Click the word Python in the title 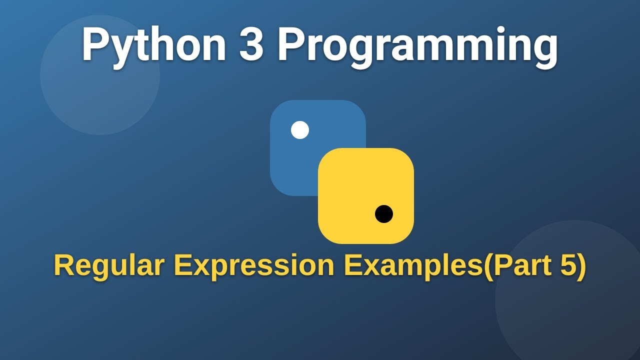click(153, 45)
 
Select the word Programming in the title click(417, 46)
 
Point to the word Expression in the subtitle click(254, 266)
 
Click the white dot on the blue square click(300, 130)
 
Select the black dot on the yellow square click(384, 214)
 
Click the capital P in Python click(95, 45)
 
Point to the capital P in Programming click(291, 45)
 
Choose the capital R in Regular click(64, 265)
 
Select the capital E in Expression click(182, 265)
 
